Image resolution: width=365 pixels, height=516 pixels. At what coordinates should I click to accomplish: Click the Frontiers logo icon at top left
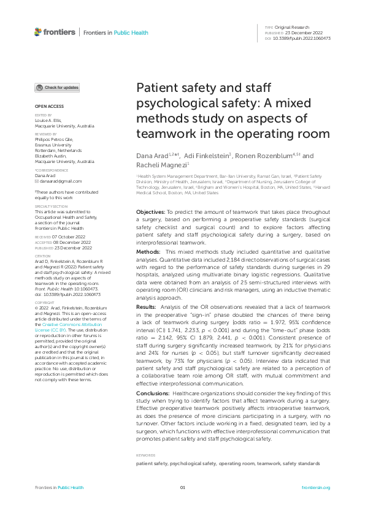[x=38, y=31]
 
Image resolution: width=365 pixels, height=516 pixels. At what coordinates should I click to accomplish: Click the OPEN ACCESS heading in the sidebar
[x=45, y=107]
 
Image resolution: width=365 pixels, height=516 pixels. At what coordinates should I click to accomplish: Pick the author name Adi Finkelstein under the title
[x=202, y=156]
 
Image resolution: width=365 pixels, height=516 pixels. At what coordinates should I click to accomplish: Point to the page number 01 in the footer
[x=182, y=487]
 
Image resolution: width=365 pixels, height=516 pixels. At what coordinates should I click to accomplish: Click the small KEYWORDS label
[x=145, y=455]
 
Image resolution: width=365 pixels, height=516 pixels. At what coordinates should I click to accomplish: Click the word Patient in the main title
[x=157, y=88]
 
